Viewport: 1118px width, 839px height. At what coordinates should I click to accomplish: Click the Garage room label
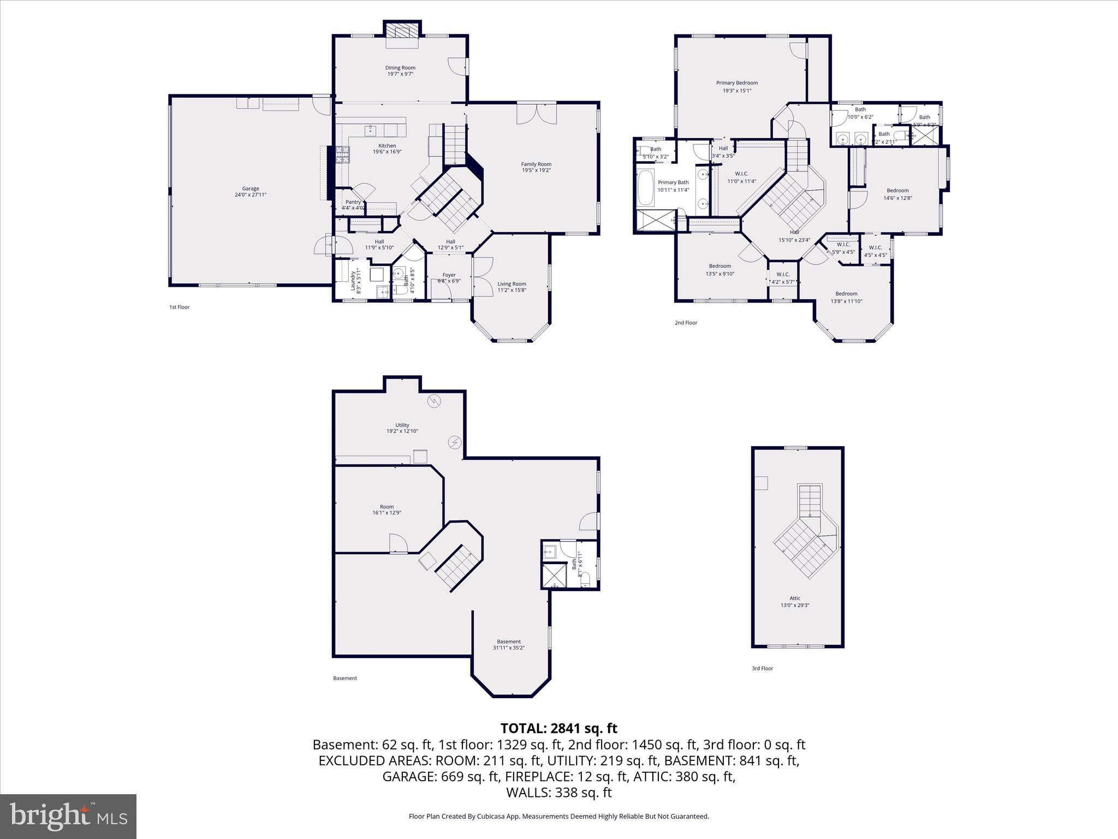[x=251, y=189]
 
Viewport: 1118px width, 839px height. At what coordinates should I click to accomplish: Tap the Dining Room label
[x=400, y=68]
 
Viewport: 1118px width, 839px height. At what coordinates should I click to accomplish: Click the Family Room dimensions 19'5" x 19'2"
[x=536, y=170]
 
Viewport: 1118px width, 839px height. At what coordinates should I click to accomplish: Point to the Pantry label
[x=353, y=202]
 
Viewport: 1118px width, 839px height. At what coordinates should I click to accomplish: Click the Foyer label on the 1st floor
[x=449, y=275]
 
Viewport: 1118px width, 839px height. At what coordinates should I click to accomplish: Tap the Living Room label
[x=512, y=284]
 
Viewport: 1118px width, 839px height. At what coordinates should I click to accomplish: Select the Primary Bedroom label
[x=737, y=83]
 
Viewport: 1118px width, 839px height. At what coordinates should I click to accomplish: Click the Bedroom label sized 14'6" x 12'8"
[x=897, y=191]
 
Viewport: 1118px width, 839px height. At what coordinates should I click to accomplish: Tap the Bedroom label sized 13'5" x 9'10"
[x=719, y=267]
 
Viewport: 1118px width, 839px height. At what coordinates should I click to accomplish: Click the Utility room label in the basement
[x=402, y=425]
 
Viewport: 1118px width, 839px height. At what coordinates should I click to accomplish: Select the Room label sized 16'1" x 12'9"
[x=386, y=507]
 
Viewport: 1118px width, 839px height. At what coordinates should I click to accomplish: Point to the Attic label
[x=794, y=598]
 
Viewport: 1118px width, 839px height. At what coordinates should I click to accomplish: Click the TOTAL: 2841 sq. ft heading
[x=558, y=728]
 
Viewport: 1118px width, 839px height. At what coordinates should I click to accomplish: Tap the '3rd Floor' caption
[x=762, y=668]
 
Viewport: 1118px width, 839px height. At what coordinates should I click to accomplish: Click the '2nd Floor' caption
[x=686, y=323]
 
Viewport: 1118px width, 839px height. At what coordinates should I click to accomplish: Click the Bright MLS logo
[x=68, y=816]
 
